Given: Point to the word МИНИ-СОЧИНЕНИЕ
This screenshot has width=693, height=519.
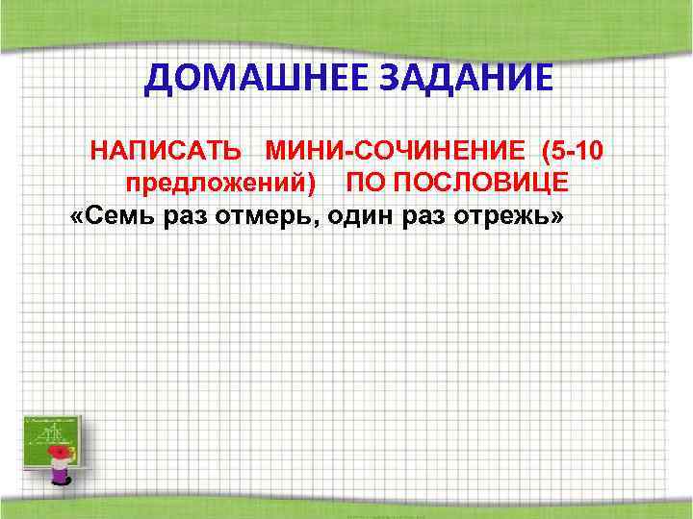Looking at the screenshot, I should (397, 151).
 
